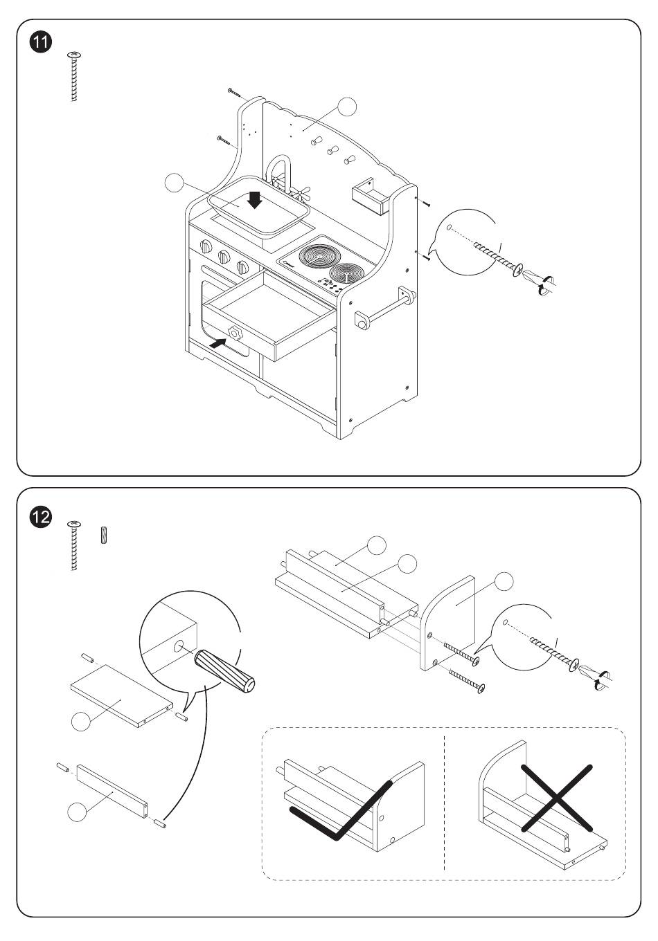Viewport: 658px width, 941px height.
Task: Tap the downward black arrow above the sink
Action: pos(255,199)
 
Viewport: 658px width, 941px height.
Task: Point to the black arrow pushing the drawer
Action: pos(217,342)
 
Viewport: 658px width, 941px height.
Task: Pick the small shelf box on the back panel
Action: pos(368,195)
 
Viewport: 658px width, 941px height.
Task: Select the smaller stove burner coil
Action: pos(346,275)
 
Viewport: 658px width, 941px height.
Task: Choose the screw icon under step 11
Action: pos(73,76)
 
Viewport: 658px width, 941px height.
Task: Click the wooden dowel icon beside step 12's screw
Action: pos(105,535)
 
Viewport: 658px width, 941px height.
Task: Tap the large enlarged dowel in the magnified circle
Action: pos(225,670)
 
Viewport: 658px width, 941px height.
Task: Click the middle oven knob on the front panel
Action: pos(224,257)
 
